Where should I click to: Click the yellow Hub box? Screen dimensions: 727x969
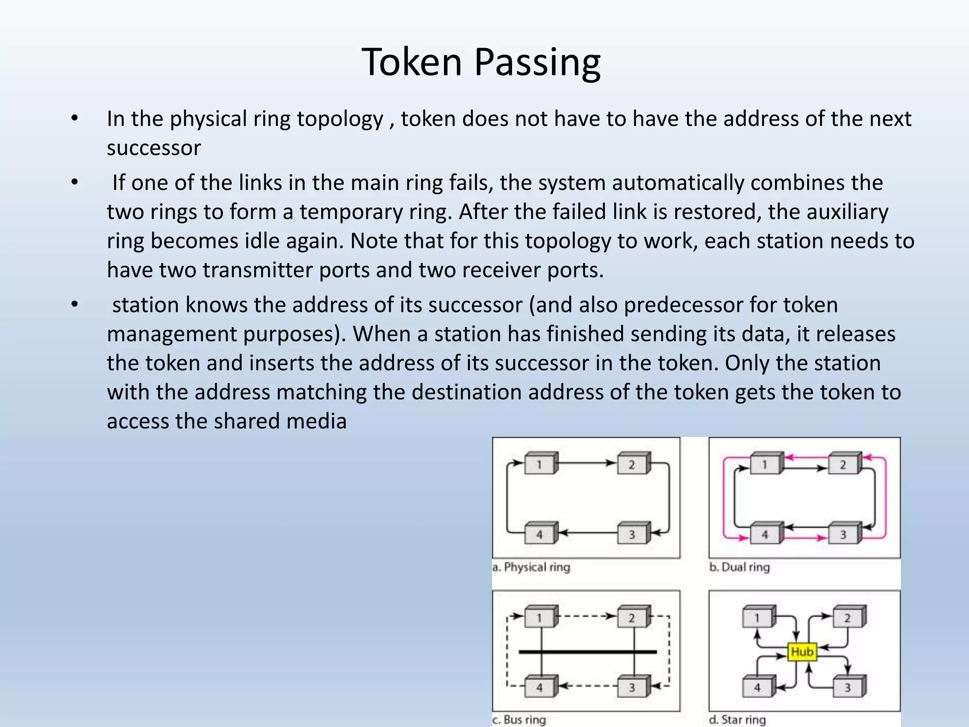pyautogui.click(x=802, y=652)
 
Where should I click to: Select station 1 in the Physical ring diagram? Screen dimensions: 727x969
pyautogui.click(x=540, y=464)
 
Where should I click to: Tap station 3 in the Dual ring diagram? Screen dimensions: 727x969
pyautogui.click(x=844, y=534)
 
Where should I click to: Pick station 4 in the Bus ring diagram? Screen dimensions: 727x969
pyautogui.click(x=540, y=687)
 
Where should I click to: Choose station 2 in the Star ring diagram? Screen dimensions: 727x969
pyautogui.click(x=847, y=617)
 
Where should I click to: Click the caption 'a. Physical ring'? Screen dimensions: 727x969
pyautogui.click(x=531, y=567)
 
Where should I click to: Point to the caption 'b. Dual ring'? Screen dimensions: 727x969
pyautogui.click(x=740, y=567)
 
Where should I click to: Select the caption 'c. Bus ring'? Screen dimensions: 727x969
pyautogui.click(x=519, y=719)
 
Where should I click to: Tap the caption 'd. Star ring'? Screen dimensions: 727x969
pyautogui.click(x=737, y=719)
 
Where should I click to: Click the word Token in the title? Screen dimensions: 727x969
pyautogui.click(x=411, y=62)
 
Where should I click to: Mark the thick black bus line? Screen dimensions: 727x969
pyautogui.click(x=588, y=652)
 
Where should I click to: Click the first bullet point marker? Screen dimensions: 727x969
pyautogui.click(x=74, y=118)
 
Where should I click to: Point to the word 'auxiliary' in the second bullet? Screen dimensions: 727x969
pyautogui.click(x=847, y=212)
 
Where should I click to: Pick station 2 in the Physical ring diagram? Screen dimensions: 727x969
pyautogui.click(x=632, y=464)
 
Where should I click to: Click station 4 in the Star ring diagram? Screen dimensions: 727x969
pyautogui.click(x=757, y=687)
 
